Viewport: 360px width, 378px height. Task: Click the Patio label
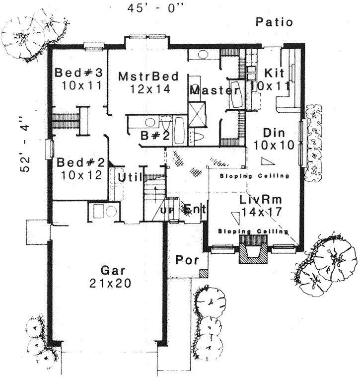pyautogui.click(x=275, y=22)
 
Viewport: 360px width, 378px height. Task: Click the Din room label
pyautogui.click(x=273, y=133)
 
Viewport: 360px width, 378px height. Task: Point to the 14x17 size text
pyautogui.click(x=262, y=212)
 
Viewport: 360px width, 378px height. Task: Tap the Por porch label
pyautogui.click(x=187, y=260)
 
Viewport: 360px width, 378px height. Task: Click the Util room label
pyautogui.click(x=130, y=176)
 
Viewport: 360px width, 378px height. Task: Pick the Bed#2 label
pyautogui.click(x=79, y=162)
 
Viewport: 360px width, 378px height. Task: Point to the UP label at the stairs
pyautogui.click(x=166, y=210)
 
